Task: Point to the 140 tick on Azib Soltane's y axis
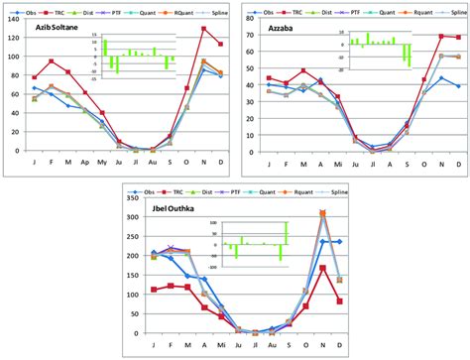tap(13, 15)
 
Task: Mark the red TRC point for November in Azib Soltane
tap(204, 29)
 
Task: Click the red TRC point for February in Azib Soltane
tap(52, 61)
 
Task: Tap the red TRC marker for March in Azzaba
tap(303, 70)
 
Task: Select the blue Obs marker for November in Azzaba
tap(441, 78)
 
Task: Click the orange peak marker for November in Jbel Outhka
tap(322, 213)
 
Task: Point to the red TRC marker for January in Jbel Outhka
tap(154, 290)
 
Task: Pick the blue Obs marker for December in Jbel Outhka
tap(339, 241)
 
